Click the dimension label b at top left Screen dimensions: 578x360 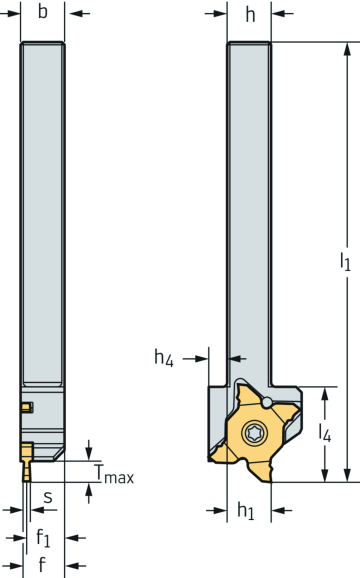pyautogui.click(x=42, y=13)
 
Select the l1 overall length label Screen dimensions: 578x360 pyautogui.click(x=345, y=262)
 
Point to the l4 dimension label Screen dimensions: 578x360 pyautogui.click(x=325, y=434)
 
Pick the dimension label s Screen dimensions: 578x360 pyautogui.click(x=46, y=496)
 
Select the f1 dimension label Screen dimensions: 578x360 pyautogui.click(x=43, y=537)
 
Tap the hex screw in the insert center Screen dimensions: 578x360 pyautogui.click(x=253, y=435)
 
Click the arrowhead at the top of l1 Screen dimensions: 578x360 pyautogui.click(x=345, y=48)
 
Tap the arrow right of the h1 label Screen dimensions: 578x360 pyautogui.click(x=283, y=510)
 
